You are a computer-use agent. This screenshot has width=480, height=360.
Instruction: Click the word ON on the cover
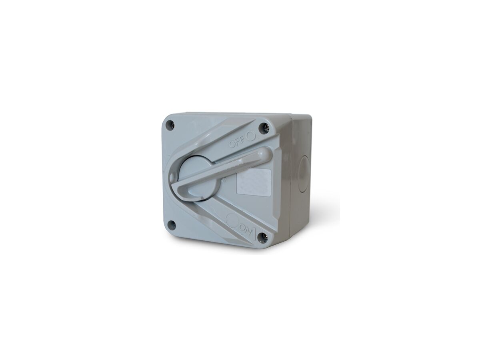244,229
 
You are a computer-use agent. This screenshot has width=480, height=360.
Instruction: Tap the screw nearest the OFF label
264,128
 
